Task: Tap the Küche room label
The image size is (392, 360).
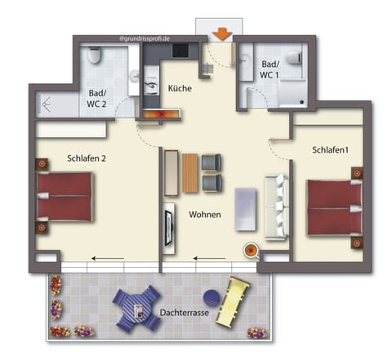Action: (180, 89)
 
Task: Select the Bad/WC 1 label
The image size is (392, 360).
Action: (270, 69)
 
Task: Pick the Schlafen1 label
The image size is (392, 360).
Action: (330, 150)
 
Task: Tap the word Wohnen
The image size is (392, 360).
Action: (205, 214)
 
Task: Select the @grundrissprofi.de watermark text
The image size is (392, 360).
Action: (145, 38)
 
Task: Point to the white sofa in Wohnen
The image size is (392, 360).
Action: (275, 209)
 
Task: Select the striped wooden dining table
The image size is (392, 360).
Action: (190, 172)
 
